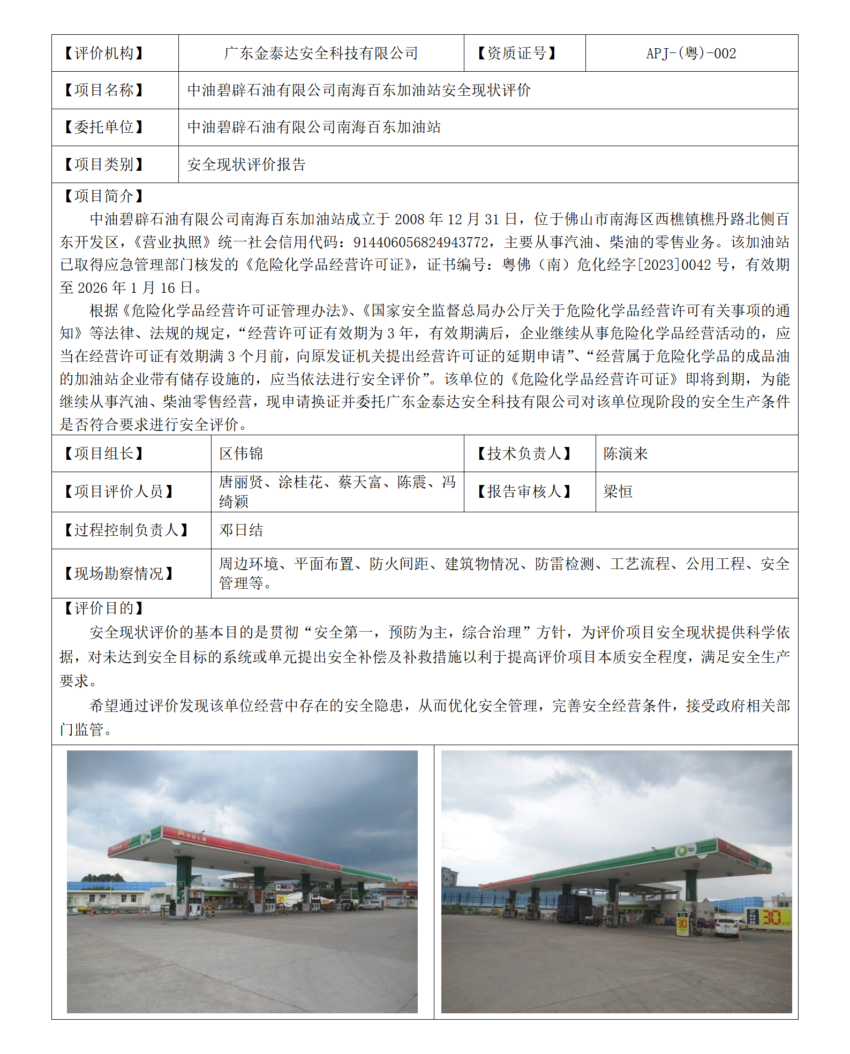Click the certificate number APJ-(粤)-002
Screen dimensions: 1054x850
click(691, 54)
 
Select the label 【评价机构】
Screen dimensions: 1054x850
click(104, 54)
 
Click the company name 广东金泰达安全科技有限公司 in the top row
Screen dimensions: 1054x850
click(321, 54)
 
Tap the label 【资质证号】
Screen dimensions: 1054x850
click(517, 54)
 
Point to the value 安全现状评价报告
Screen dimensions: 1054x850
click(246, 164)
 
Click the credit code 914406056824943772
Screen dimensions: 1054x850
click(420, 242)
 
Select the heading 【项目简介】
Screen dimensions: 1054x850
click(104, 196)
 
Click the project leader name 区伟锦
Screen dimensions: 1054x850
click(241, 454)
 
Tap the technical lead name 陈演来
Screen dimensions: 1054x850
click(626, 454)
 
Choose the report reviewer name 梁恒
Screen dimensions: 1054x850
click(618, 491)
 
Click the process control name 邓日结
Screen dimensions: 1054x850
click(241, 530)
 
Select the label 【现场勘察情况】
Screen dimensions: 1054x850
click(119, 573)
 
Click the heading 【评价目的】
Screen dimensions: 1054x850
click(104, 608)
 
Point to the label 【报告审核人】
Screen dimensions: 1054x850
click(524, 491)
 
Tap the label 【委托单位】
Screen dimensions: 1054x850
click(104, 127)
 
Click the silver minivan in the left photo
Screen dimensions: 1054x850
click(370, 905)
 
